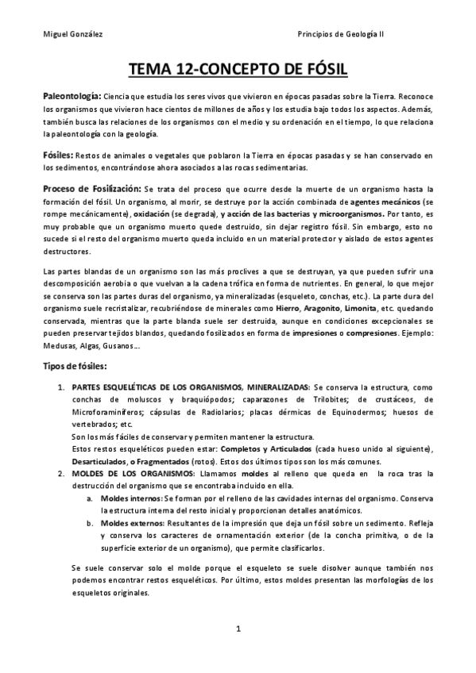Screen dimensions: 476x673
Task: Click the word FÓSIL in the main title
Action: click(316, 70)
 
